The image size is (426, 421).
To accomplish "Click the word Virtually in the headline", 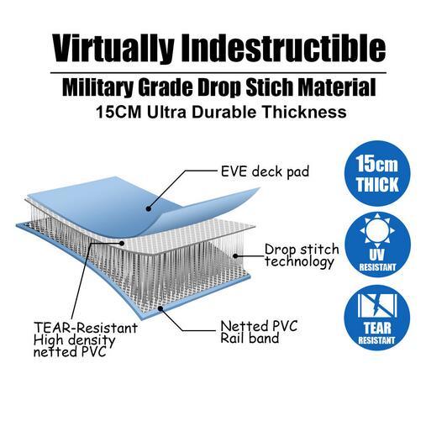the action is coord(113,49).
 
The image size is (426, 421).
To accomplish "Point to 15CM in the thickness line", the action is coord(118,112).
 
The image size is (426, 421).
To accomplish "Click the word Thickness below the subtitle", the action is coord(304,112).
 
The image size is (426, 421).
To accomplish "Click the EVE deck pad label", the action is coord(265,171).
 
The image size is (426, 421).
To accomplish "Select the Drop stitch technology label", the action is coord(302,255).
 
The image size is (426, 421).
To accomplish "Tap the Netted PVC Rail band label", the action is coord(259,332).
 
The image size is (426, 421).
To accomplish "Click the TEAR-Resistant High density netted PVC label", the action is coord(86,339).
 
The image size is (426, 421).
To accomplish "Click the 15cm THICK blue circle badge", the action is coord(377,174).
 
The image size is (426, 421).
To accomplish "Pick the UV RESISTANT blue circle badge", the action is coord(377,245).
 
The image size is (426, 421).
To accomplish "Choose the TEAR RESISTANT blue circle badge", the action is coord(377,318).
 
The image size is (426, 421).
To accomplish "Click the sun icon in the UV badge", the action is coord(377,230).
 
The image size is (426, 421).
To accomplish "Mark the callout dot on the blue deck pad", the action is coord(149,208).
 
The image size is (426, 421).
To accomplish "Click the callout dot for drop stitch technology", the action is coord(235,255).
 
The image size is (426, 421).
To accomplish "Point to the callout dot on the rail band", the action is coord(160,308).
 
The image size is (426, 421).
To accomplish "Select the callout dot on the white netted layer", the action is coord(122,243).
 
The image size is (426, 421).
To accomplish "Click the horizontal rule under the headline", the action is coord(218,73).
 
